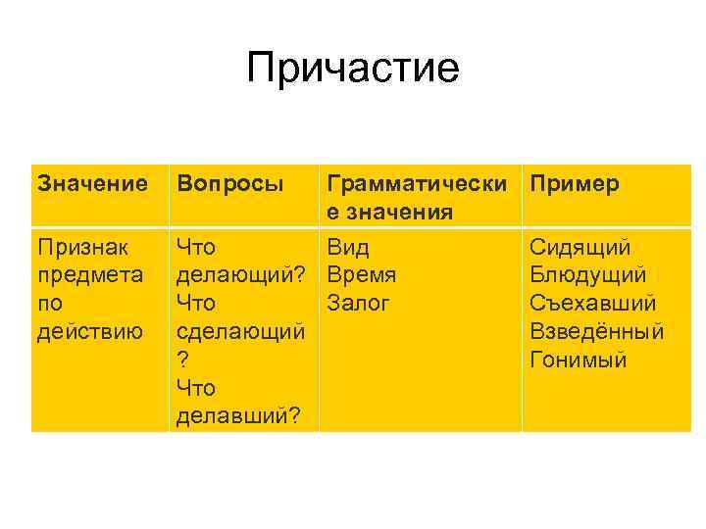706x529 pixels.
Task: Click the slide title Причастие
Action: [x=353, y=69]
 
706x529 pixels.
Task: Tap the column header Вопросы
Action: [x=229, y=183]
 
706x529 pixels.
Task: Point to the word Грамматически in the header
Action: [x=418, y=183]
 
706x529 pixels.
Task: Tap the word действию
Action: [x=88, y=332]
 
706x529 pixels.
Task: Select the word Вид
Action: [x=348, y=247]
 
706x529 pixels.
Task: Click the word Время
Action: [x=362, y=275]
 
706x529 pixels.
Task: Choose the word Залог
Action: [x=359, y=304]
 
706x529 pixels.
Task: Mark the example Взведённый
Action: [x=597, y=332]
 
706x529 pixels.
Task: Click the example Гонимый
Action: [x=578, y=361]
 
